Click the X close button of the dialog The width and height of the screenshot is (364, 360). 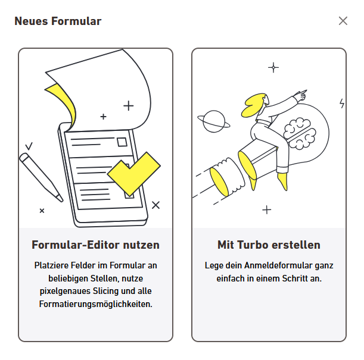click(343, 21)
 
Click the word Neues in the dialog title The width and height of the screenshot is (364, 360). click(31, 21)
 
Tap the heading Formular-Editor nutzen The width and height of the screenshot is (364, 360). click(95, 245)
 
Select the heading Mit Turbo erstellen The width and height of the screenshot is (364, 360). click(269, 245)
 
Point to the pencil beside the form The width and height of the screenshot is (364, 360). click(41, 177)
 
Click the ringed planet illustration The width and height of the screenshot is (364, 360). click(214, 121)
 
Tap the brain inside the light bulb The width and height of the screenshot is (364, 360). click(300, 133)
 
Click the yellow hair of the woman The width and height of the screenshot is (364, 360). click(254, 105)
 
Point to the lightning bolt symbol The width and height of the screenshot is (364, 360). click(342, 104)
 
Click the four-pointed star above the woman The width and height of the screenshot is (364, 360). click(273, 67)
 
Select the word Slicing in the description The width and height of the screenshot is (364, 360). click(106, 291)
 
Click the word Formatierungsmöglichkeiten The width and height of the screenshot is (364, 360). click(96, 304)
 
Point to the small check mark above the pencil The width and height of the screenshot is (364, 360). click(29, 146)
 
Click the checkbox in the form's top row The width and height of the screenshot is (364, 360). click(122, 142)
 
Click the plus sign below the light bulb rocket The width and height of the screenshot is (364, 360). click(267, 210)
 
